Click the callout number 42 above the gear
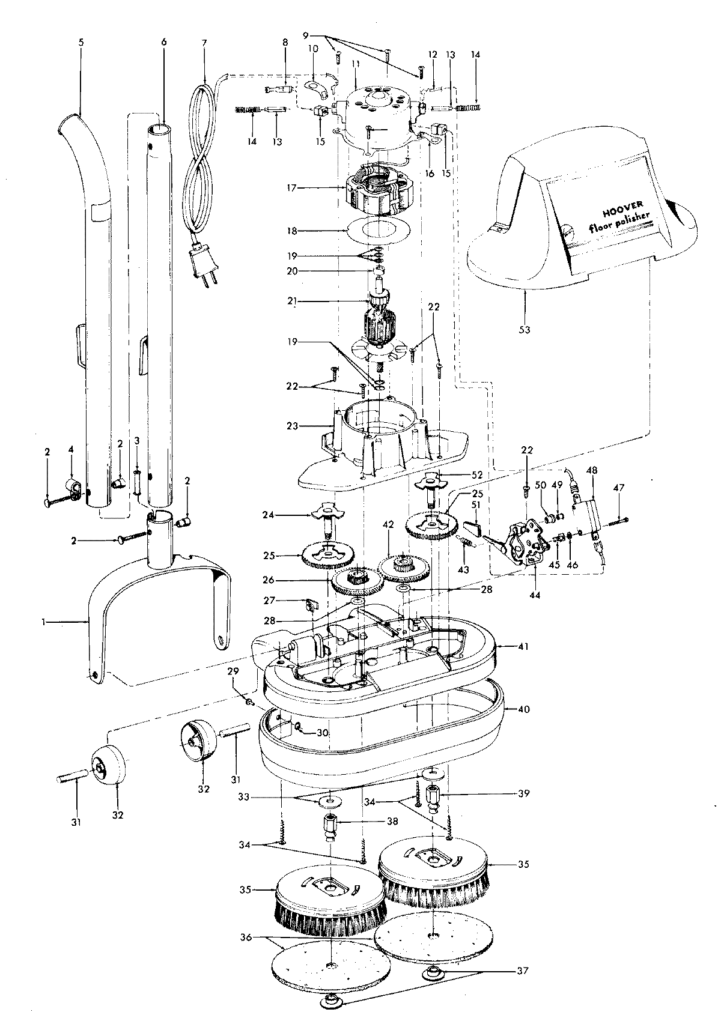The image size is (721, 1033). (x=389, y=524)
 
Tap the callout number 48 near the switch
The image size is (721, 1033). (x=592, y=471)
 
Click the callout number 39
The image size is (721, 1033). (x=523, y=793)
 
